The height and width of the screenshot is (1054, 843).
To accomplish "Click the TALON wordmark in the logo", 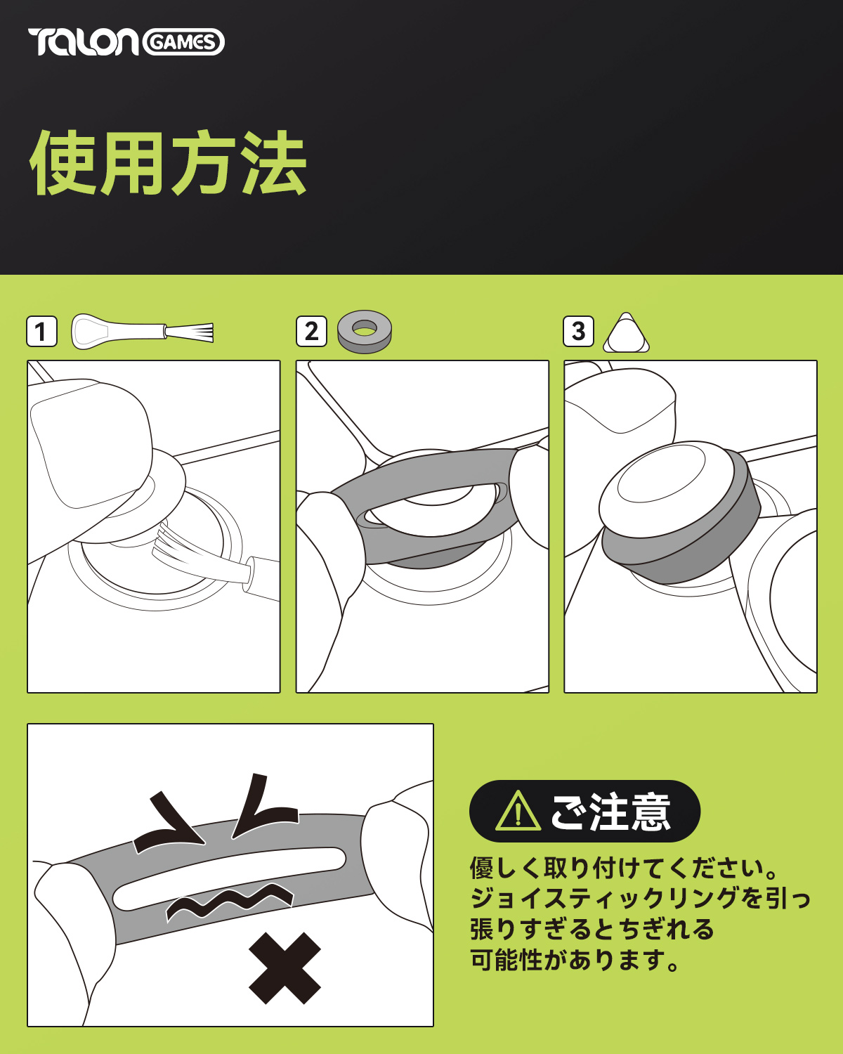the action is (84, 41).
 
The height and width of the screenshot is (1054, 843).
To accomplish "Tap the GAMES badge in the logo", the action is (183, 42).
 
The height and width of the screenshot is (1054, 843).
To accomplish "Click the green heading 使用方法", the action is (169, 162).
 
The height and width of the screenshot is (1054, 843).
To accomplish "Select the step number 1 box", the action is (41, 332).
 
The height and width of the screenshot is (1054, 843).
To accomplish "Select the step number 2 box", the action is (311, 332).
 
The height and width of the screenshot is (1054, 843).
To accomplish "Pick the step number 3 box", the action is (578, 332).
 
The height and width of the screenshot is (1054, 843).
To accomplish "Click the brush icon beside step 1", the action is (142, 332).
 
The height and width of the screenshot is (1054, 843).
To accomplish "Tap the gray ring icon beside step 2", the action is (365, 332).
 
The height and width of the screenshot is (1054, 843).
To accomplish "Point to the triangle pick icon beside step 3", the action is (626, 333).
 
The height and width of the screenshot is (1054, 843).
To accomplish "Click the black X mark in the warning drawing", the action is (285, 968).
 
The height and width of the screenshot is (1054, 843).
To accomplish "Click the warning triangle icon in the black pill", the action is (518, 812).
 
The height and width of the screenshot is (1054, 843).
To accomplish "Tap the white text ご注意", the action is (610, 812).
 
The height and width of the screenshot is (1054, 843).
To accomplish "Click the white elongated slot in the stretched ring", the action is (229, 878).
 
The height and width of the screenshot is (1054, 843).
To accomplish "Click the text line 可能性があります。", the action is (575, 960).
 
